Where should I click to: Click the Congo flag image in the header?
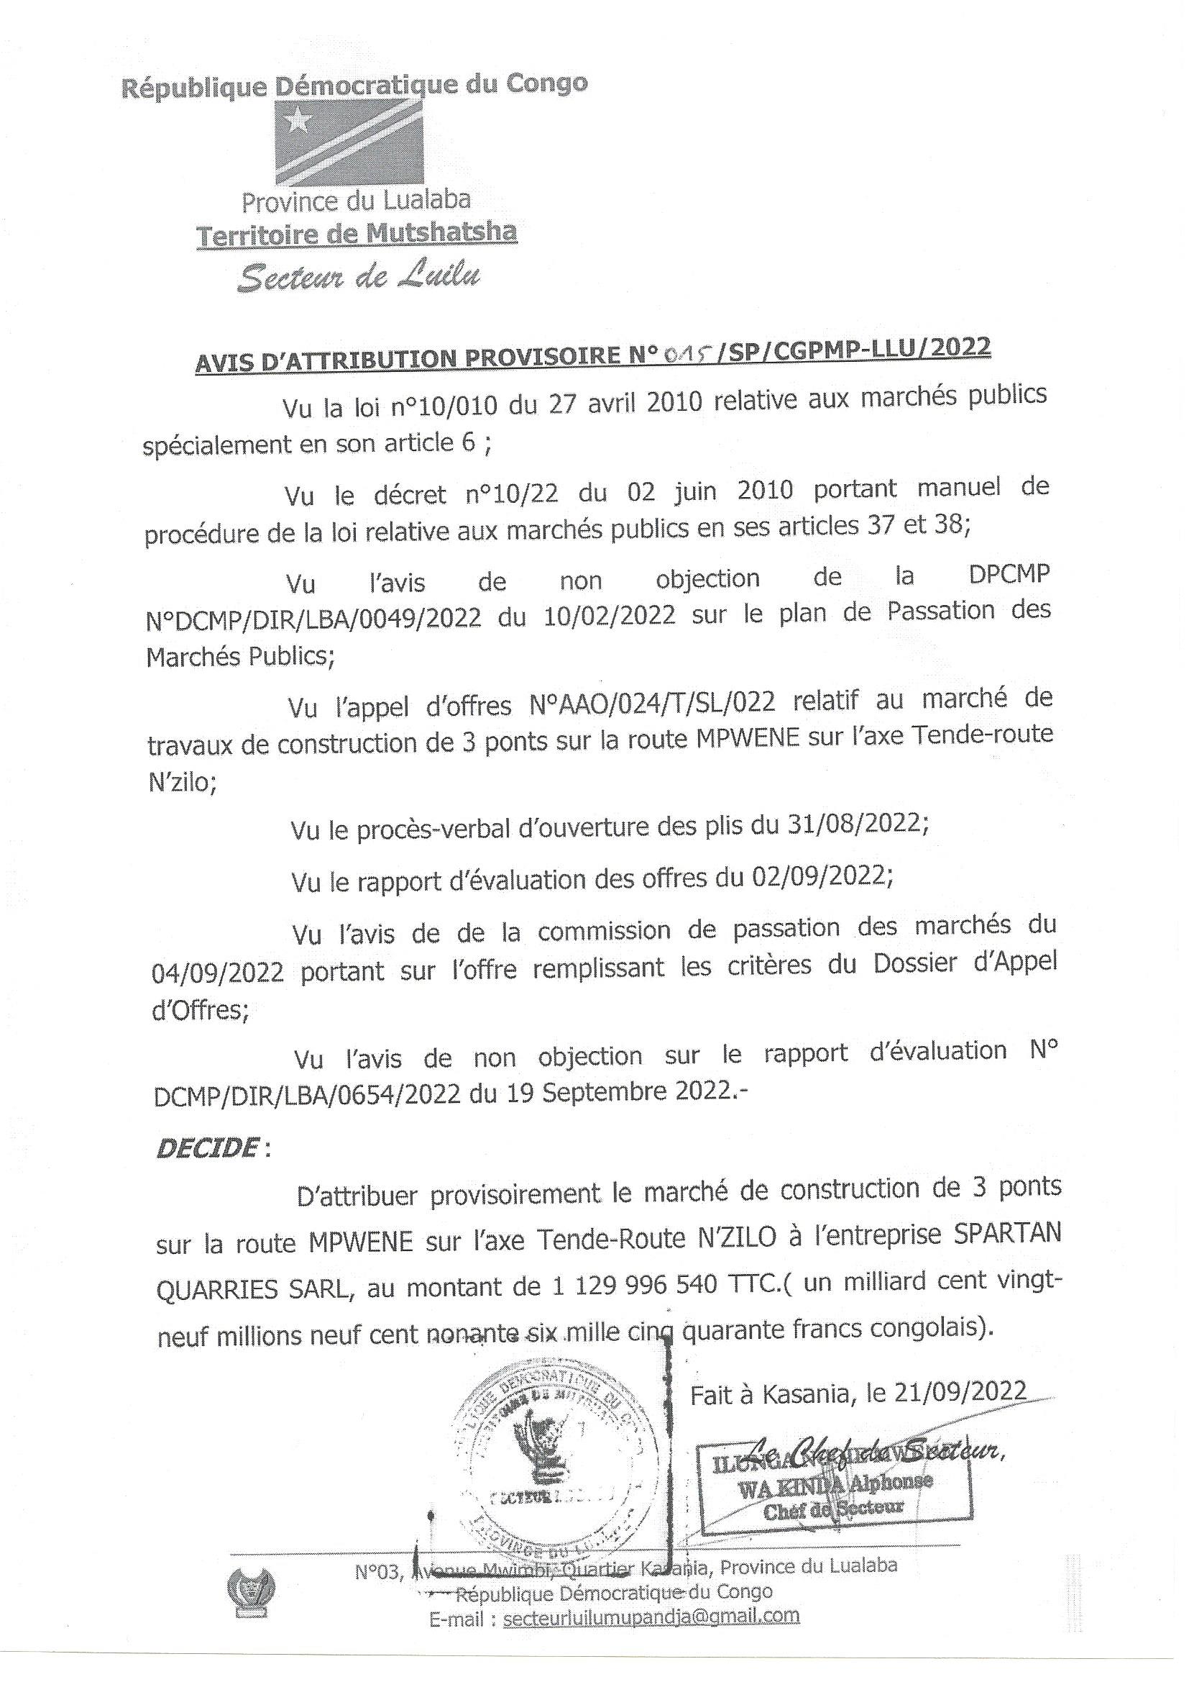pyautogui.click(x=349, y=142)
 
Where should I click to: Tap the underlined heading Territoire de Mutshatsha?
pyautogui.click(x=357, y=234)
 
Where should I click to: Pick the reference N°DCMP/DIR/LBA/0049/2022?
pyautogui.click(x=314, y=617)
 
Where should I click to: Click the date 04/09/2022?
pyautogui.click(x=217, y=973)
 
